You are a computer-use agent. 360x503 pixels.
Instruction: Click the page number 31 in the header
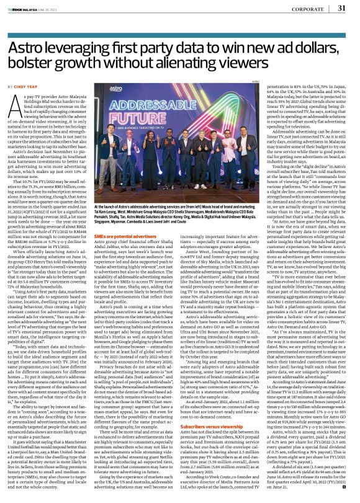click(x=341, y=8)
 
